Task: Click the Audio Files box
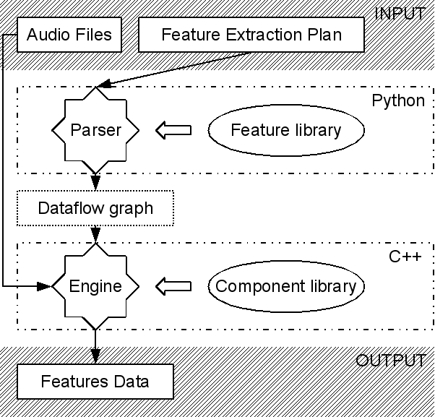(x=69, y=35)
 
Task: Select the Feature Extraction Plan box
(x=251, y=35)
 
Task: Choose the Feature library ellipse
(x=285, y=130)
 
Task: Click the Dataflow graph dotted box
(x=95, y=209)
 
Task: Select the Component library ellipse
(x=285, y=285)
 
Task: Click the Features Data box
(x=95, y=381)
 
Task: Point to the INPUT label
(x=400, y=13)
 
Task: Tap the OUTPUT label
(x=391, y=361)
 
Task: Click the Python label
(x=398, y=100)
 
